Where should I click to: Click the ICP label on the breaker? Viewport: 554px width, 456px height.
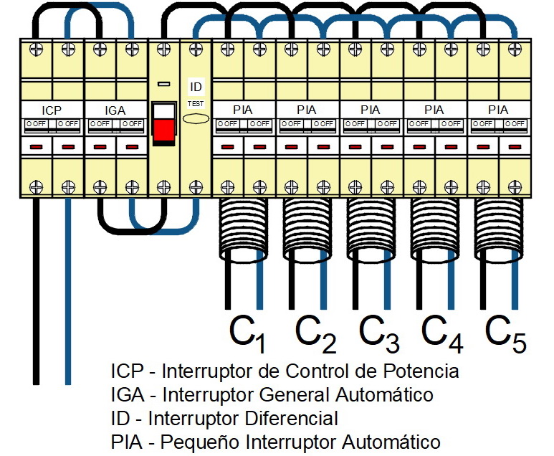52,110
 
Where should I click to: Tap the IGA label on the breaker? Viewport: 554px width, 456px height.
115,110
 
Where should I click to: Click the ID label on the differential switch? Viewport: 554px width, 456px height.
196,87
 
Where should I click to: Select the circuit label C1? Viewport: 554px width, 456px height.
248,333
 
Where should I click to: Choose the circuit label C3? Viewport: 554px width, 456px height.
379,333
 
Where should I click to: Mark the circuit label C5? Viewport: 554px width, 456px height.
506,333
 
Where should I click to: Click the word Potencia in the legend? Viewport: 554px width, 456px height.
421,371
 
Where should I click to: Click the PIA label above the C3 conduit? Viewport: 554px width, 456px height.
371,110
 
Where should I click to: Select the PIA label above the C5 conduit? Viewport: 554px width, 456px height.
497,110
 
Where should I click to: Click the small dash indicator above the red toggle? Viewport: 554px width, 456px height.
163,84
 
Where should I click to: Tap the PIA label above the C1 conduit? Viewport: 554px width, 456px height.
243,110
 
